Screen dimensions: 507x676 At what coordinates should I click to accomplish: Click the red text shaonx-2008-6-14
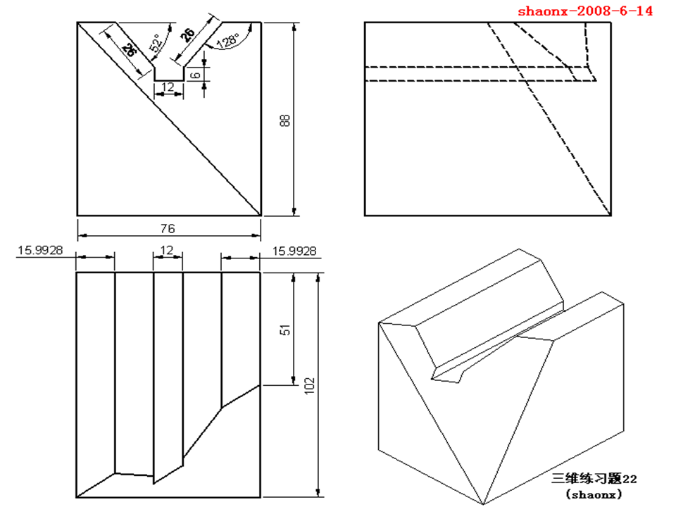[x=585, y=11]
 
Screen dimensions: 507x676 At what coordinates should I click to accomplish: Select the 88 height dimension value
[x=285, y=120]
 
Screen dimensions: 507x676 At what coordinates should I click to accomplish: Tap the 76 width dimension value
[x=168, y=228]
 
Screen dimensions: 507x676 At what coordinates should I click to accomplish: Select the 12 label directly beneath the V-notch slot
[x=168, y=87]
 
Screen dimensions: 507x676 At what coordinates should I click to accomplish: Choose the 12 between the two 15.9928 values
[x=167, y=251]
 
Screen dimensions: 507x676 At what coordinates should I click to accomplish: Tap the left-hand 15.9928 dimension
[x=40, y=251]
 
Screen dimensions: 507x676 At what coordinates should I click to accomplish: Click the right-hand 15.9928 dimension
[x=294, y=251]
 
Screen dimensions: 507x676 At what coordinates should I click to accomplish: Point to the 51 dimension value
[x=285, y=330]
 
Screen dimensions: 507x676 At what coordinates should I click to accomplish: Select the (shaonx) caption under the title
[x=594, y=494]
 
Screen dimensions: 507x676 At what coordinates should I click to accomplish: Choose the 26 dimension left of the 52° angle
[x=128, y=49]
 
